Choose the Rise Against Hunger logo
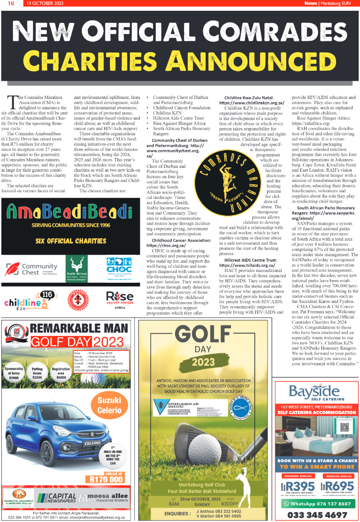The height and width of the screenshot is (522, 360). (119, 300)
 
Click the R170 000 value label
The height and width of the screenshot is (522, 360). (106, 479)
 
